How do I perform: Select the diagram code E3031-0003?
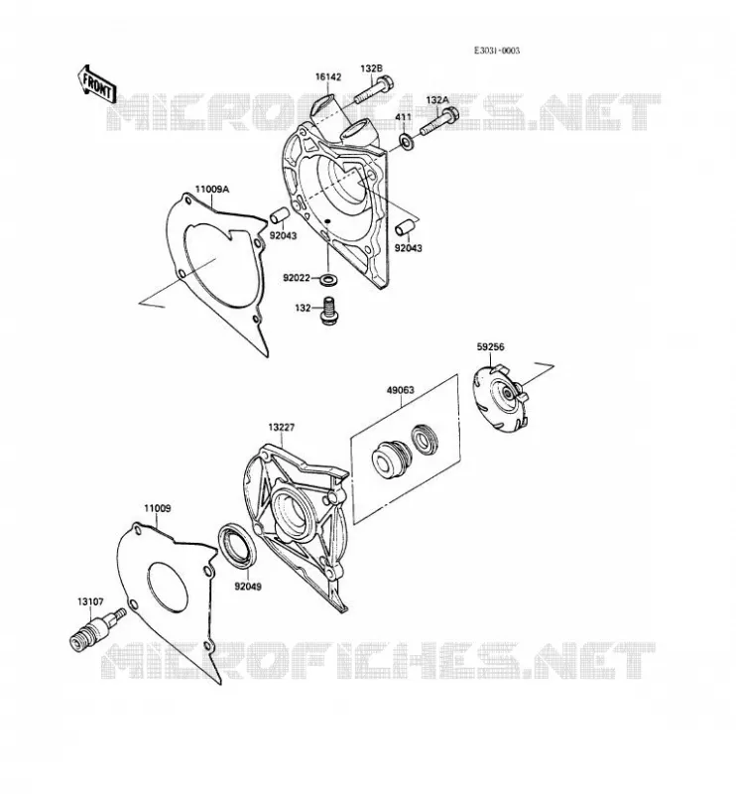[497, 51]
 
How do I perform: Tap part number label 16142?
[328, 77]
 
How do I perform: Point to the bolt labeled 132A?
[438, 121]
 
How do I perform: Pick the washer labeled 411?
[408, 142]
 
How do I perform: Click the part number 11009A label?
[212, 190]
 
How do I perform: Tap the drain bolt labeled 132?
[329, 311]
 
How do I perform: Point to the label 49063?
[400, 390]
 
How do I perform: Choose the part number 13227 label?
[282, 428]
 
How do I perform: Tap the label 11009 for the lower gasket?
[158, 508]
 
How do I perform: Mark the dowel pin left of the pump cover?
[279, 214]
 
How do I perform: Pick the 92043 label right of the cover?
[409, 248]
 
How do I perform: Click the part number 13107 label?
[90, 601]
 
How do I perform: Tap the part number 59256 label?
[490, 346]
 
